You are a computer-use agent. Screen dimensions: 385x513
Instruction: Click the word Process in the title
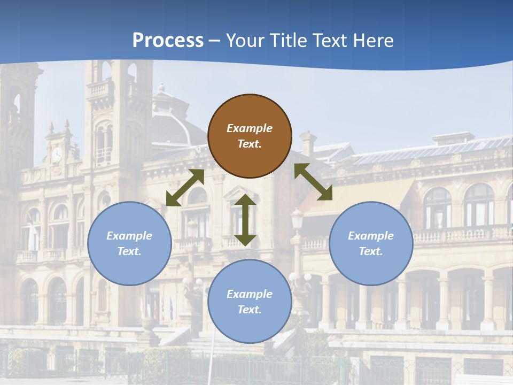click(168, 41)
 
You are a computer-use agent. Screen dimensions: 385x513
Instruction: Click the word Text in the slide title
click(329, 41)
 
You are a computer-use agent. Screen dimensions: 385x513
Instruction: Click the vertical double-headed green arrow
click(245, 220)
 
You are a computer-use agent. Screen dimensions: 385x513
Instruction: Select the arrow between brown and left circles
click(185, 188)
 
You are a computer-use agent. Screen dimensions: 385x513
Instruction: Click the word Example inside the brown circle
click(250, 128)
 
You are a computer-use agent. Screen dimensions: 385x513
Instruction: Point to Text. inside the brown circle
click(250, 144)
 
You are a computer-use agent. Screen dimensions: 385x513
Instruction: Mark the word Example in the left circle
click(129, 236)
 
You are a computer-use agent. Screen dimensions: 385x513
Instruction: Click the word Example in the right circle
click(371, 236)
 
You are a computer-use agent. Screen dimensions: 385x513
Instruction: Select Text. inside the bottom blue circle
click(250, 310)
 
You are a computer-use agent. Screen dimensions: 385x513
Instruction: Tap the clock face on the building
click(57, 155)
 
